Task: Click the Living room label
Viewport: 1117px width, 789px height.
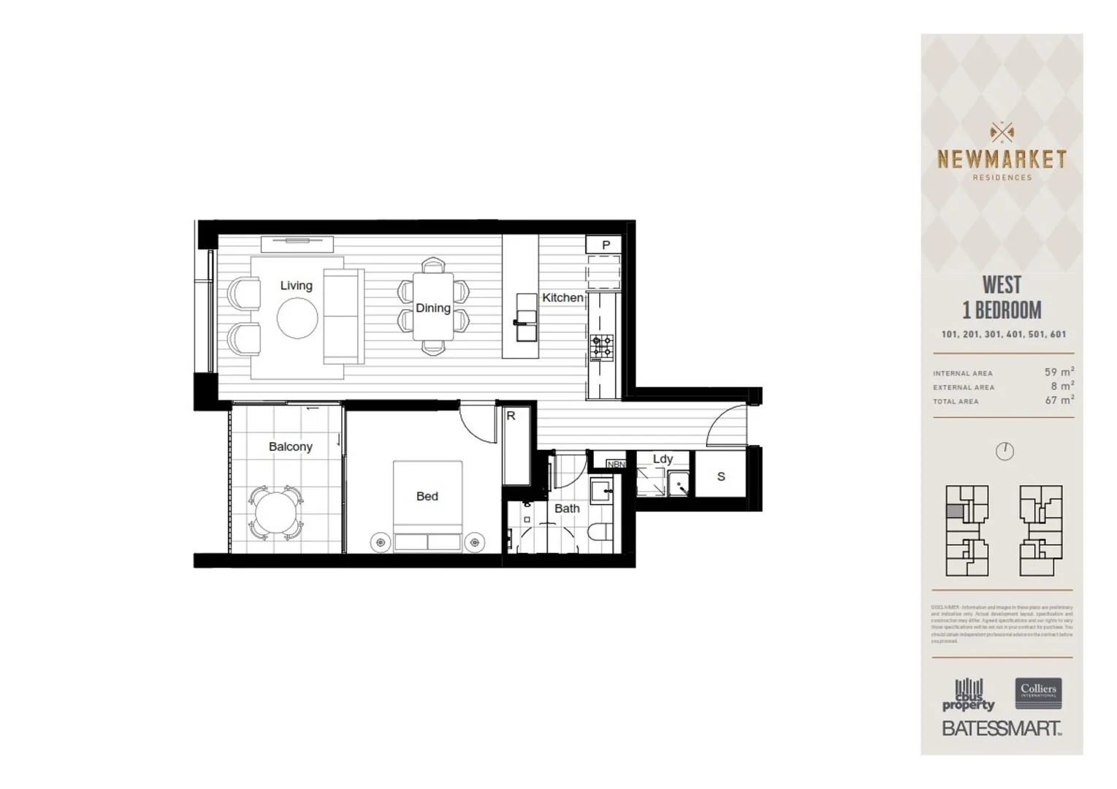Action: pos(296,286)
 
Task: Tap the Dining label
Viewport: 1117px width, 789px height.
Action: pos(432,308)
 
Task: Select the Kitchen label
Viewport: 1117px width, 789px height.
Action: pos(563,298)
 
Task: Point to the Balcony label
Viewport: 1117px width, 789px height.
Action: pos(290,446)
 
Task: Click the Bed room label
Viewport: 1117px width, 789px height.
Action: pos(427,497)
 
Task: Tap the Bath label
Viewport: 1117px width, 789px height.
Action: pos(567,508)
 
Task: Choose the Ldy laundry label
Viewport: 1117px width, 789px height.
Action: pos(663,459)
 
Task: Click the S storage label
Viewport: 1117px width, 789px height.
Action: pos(721,477)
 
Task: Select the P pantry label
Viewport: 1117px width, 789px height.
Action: pos(606,245)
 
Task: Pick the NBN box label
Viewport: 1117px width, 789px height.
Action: pos(616,464)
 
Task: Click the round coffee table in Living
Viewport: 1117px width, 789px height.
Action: pos(297,319)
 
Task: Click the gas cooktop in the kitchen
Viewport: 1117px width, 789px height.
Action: pos(602,348)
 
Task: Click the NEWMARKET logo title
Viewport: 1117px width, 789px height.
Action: pos(1002,159)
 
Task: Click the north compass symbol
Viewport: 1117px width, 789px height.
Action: pos(1004,451)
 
